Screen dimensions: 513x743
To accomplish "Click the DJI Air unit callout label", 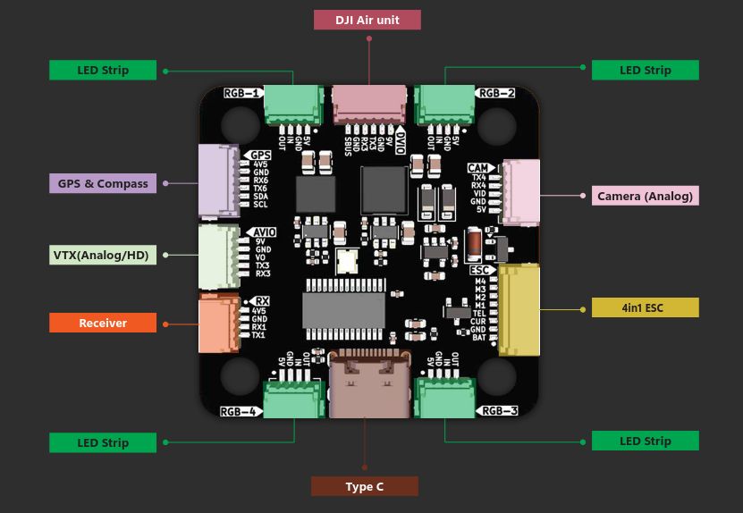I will [x=367, y=20].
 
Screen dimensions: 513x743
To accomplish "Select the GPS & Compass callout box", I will [x=103, y=184].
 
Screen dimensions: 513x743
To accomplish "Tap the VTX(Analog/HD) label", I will [x=103, y=255].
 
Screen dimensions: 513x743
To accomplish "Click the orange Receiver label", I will [x=103, y=323].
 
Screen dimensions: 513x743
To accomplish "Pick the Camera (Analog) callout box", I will [x=645, y=196].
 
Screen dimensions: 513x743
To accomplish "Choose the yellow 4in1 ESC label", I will [x=645, y=307].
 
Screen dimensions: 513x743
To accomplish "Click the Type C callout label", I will [x=364, y=486].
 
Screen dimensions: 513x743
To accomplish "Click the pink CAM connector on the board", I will [x=522, y=192].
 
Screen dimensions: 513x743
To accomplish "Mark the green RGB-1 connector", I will [x=291, y=104].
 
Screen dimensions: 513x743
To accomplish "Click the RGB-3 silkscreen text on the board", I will [x=499, y=411].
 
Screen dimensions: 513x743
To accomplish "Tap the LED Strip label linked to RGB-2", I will [x=645, y=70].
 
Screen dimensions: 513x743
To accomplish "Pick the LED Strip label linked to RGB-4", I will [x=103, y=442].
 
